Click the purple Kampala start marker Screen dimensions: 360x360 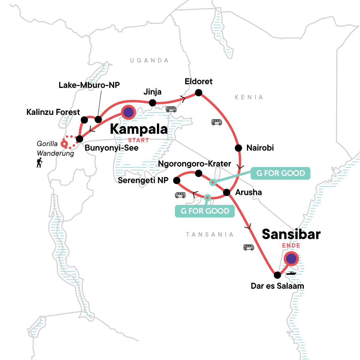(x=128, y=112)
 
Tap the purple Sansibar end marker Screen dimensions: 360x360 (x=291, y=259)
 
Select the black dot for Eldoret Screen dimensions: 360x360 (x=198, y=92)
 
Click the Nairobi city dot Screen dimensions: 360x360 (x=238, y=148)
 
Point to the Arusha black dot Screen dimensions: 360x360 (x=226, y=192)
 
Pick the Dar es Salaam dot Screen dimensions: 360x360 (x=277, y=275)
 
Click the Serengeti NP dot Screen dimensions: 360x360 (x=176, y=181)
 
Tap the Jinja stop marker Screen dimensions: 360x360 (x=152, y=103)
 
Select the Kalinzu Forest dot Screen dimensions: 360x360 (x=84, y=120)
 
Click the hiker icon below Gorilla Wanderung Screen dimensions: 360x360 (x=39, y=163)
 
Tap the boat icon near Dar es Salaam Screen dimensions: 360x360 (x=291, y=273)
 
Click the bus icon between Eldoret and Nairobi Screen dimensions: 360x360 (x=217, y=122)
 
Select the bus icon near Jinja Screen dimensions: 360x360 (x=171, y=109)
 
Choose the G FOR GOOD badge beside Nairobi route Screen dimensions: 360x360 (x=280, y=173)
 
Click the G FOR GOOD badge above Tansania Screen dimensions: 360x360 (x=205, y=211)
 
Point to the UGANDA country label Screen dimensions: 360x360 (x=149, y=61)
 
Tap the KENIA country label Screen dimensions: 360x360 (x=249, y=97)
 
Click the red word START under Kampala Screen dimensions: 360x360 (x=138, y=140)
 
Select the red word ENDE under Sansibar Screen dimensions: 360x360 (x=291, y=245)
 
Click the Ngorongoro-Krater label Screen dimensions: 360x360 (x=194, y=164)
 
